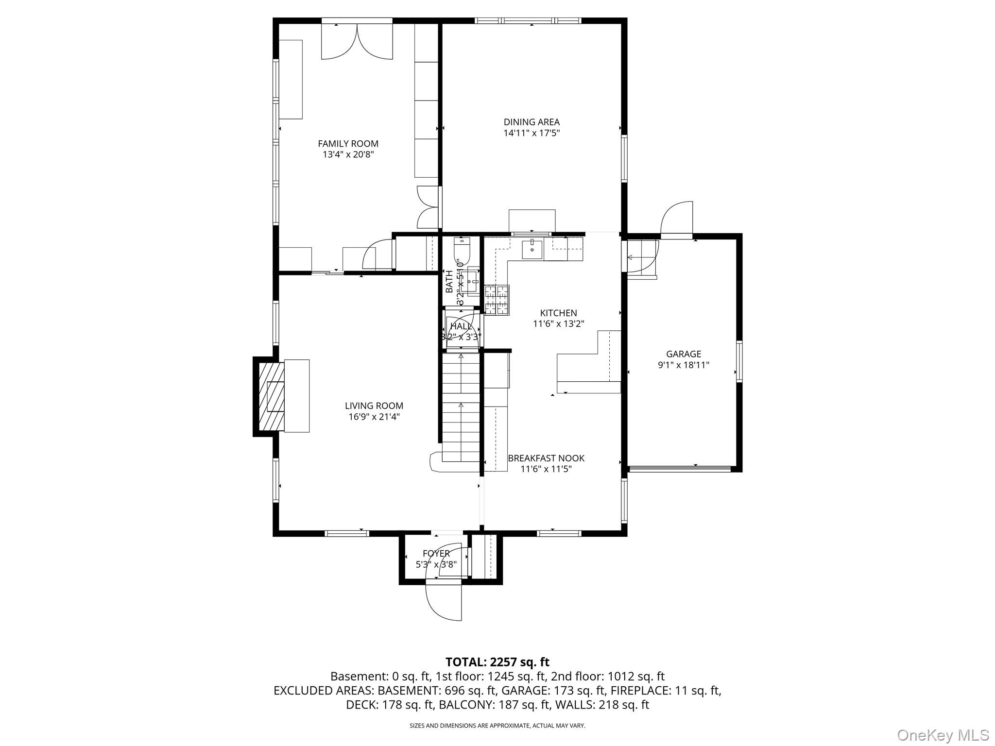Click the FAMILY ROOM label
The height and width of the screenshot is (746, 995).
(x=348, y=144)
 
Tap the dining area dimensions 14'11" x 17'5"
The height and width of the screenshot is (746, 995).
(x=532, y=133)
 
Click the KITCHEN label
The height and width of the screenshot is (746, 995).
(x=558, y=313)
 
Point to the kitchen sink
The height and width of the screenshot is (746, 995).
(x=532, y=250)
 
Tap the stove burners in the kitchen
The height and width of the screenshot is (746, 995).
(x=497, y=300)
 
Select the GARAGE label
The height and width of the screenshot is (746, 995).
(x=683, y=354)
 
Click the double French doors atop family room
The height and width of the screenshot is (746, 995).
(x=357, y=42)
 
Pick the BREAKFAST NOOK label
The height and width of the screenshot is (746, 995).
(x=546, y=458)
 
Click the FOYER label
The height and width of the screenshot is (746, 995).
(x=436, y=554)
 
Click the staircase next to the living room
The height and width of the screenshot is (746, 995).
(x=461, y=408)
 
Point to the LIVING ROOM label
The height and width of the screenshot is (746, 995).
(x=374, y=406)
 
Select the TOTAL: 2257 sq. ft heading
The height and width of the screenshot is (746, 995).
(x=497, y=662)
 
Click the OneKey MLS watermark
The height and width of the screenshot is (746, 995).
(x=943, y=735)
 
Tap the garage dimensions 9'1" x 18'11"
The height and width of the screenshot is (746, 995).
(x=683, y=365)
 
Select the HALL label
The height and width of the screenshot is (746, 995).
(x=460, y=326)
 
